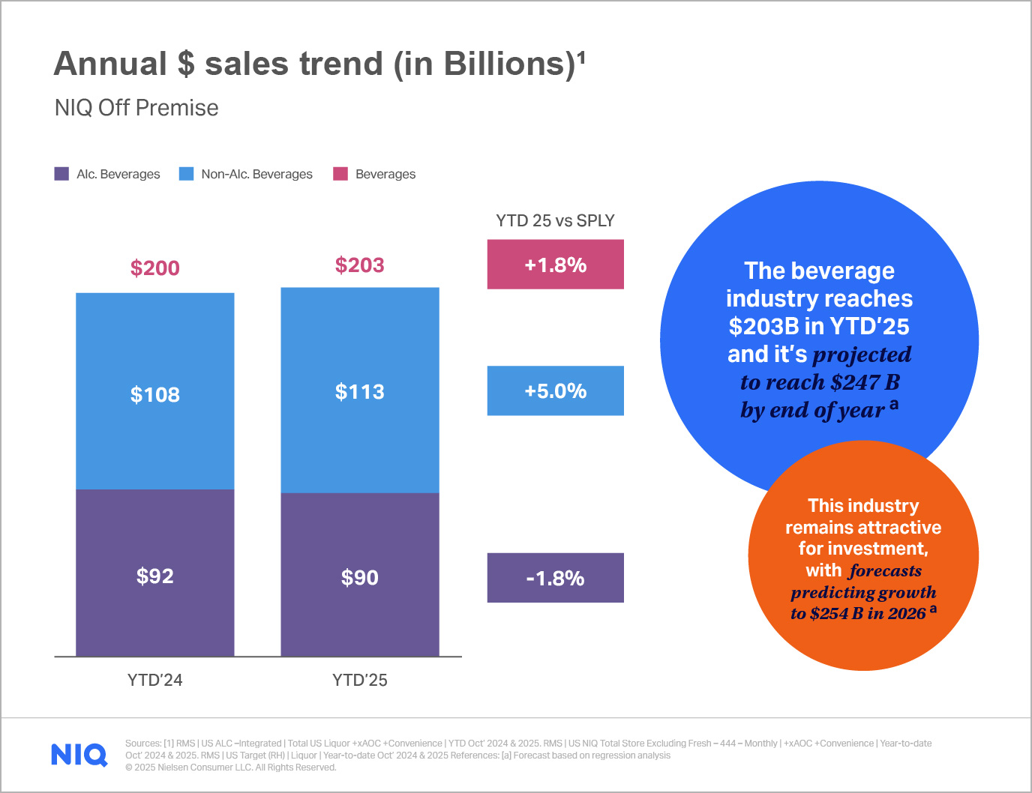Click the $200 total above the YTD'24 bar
(154, 268)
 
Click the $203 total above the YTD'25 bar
(359, 265)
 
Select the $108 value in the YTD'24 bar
(154, 395)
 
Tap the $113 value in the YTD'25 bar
(359, 392)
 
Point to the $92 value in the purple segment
(154, 576)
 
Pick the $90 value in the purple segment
(359, 578)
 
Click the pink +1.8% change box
(555, 265)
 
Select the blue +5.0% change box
(555, 391)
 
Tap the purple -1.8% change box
(555, 578)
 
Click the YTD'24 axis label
(154, 680)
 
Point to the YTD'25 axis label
(359, 680)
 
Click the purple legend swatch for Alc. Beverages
(61, 174)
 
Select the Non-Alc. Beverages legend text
(256, 174)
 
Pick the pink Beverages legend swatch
(340, 174)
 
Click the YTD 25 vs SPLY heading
(555, 220)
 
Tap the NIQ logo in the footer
(79, 754)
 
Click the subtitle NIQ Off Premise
(136, 108)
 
